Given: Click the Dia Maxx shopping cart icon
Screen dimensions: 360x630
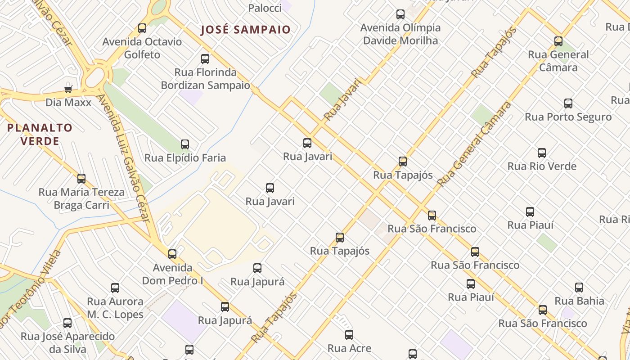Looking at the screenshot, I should tap(68, 89).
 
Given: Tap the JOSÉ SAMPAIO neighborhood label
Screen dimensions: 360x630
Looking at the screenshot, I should tap(246, 30).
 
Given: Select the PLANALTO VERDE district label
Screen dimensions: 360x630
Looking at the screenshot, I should tap(40, 135).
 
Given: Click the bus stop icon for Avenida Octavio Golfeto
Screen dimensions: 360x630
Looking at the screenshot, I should tap(142, 28).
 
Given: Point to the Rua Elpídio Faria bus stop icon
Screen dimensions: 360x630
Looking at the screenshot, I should tap(185, 144).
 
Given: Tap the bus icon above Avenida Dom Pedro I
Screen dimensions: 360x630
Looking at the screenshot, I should tap(172, 254).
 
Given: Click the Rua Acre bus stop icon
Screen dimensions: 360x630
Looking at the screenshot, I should tap(349, 335).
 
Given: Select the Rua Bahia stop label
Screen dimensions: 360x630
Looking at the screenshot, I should tap(579, 301).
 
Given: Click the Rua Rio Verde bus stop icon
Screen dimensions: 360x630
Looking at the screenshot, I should tap(542, 153).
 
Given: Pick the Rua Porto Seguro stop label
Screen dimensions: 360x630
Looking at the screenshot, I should tap(568, 117).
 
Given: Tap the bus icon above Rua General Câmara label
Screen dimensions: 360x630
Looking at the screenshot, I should tap(558, 41).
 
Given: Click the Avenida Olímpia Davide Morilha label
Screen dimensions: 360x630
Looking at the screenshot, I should tap(400, 34).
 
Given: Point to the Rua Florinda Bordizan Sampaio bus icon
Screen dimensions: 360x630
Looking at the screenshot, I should tap(205, 59).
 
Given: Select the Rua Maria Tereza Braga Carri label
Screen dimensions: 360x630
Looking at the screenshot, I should tap(81, 198).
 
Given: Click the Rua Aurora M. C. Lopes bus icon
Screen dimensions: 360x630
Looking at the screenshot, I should tap(115, 288).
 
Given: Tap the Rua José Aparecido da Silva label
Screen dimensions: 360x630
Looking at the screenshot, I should tap(67, 342).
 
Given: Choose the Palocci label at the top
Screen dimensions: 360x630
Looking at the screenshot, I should tap(265, 8).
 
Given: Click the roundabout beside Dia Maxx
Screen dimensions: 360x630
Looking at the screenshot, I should tap(95, 78).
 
